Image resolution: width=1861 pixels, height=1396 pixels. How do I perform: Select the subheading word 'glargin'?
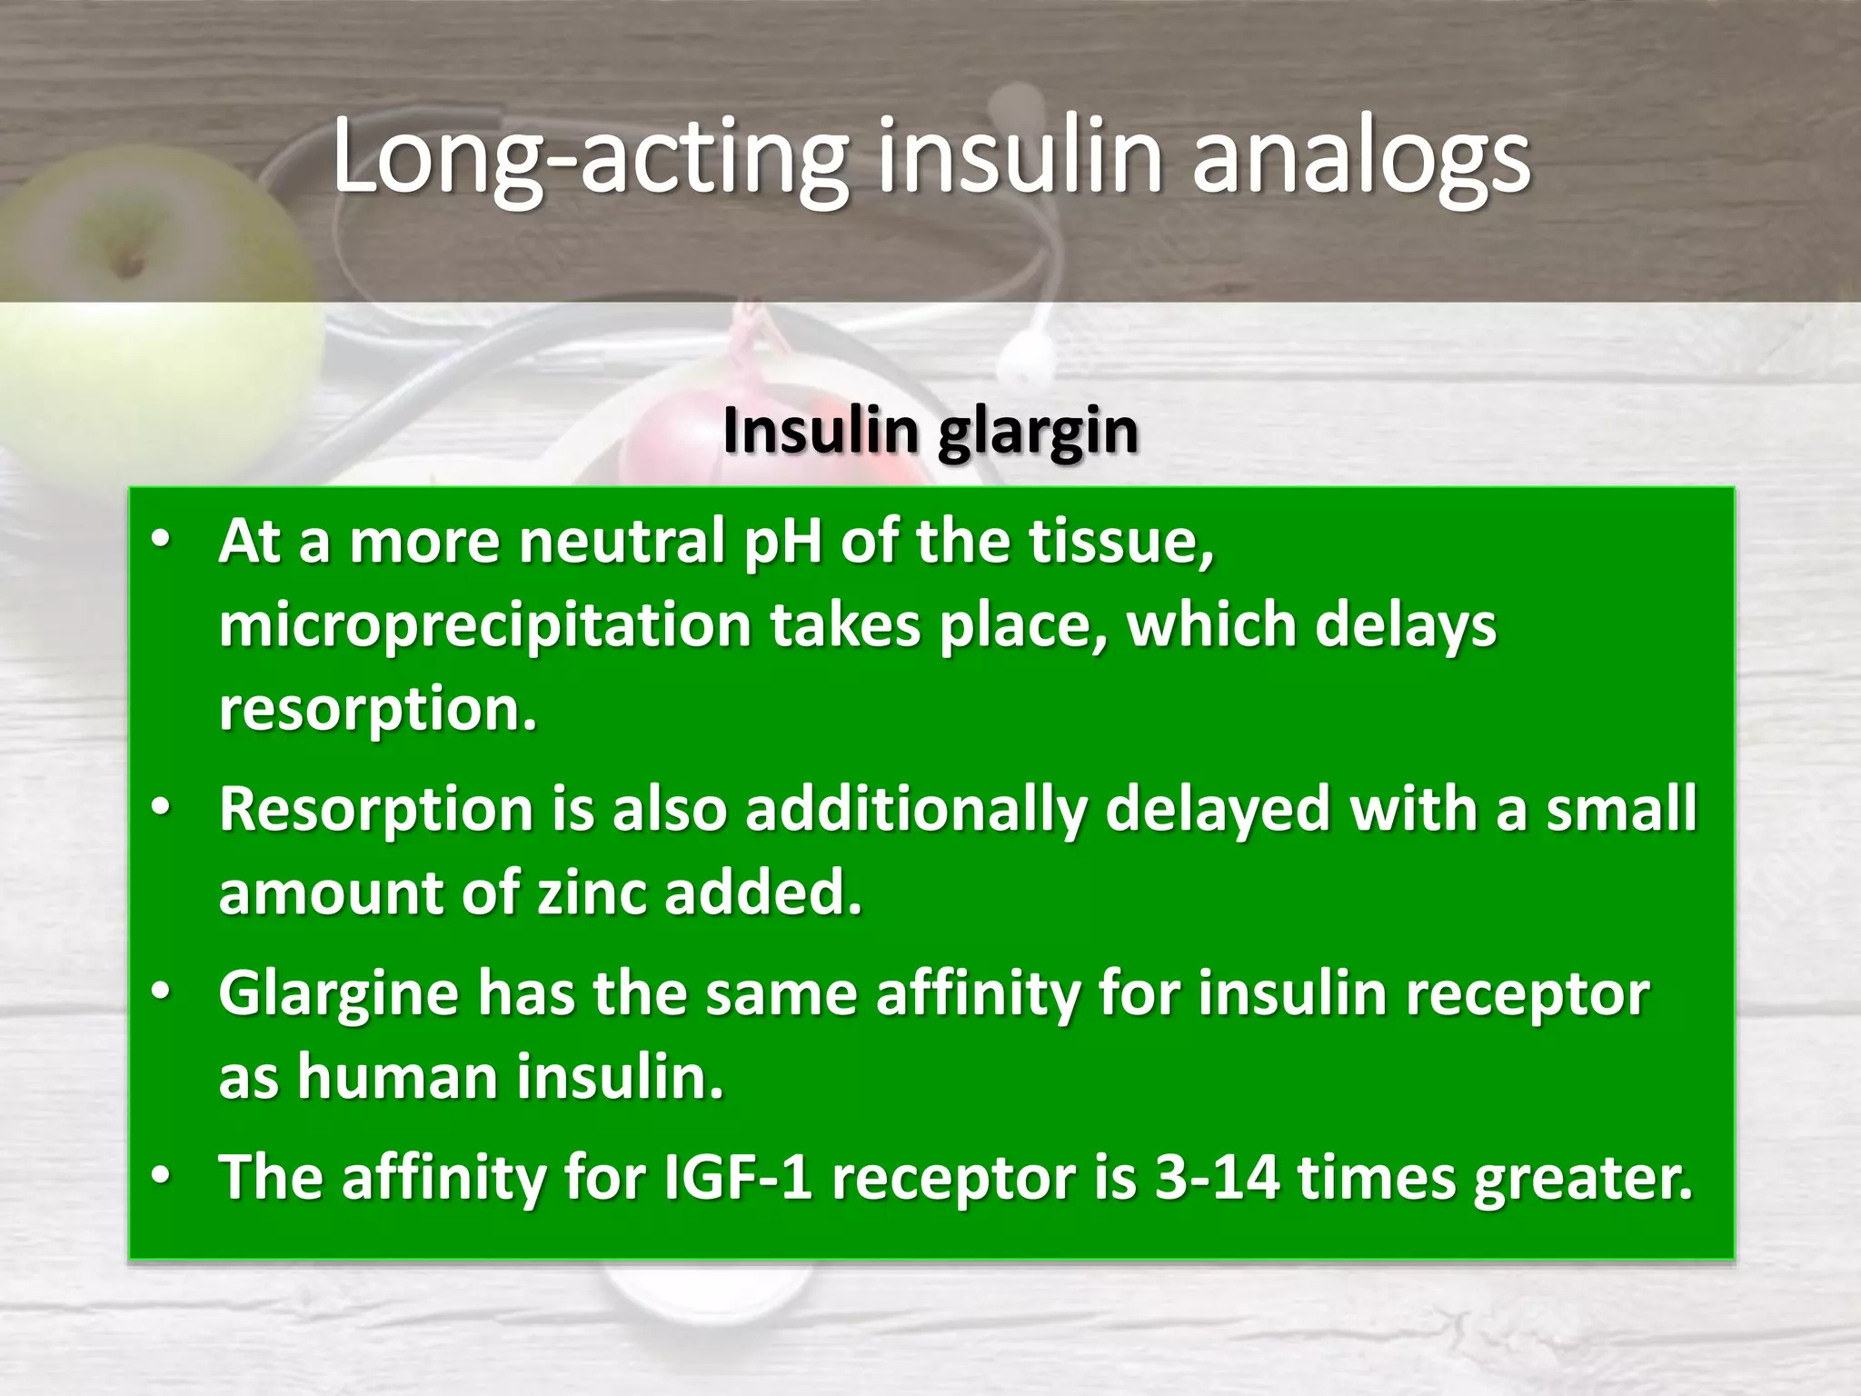(1037, 432)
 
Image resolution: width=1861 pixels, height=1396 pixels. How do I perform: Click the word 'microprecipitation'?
(484, 627)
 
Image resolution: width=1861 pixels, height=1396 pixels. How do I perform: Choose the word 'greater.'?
(1583, 1178)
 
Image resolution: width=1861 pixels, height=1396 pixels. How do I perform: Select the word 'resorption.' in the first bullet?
(378, 710)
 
